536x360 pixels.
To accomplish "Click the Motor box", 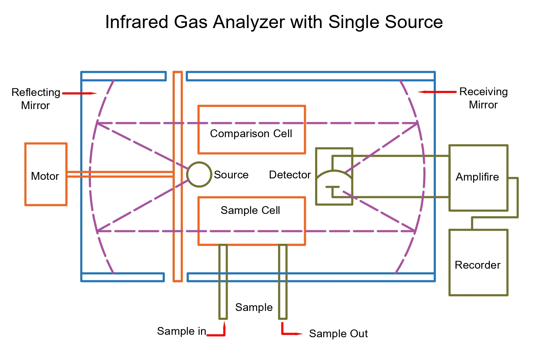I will pyautogui.click(x=45, y=174).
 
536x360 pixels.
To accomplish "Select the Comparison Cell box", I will pyautogui.click(x=251, y=130).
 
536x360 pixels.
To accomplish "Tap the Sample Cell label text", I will pyautogui.click(x=250, y=210).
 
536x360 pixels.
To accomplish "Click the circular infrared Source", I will pyautogui.click(x=199, y=174).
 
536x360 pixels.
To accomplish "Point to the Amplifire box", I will pyautogui.click(x=478, y=178).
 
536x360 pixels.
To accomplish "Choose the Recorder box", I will pyautogui.click(x=478, y=262).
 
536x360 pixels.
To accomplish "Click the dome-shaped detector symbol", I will pyautogui.click(x=334, y=179).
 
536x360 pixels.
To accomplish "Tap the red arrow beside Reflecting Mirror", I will pyautogui.click(x=79, y=93).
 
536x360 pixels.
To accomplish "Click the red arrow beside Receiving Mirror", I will pyautogui.click(x=437, y=92).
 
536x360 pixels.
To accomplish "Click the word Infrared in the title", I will pyautogui.click(x=136, y=22).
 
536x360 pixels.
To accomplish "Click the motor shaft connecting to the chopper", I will pyautogui.click(x=120, y=174).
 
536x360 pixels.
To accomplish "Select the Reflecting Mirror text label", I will pyautogui.click(x=36, y=99).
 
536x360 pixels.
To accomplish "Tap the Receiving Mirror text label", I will pyautogui.click(x=483, y=98).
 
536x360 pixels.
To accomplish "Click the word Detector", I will pyautogui.click(x=289, y=175).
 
